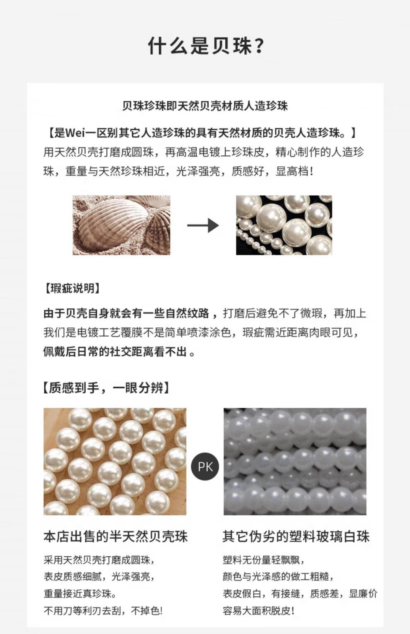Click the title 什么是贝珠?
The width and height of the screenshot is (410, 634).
click(x=206, y=46)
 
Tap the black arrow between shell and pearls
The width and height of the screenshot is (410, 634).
click(x=203, y=225)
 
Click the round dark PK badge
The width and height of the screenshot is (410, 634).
click(x=205, y=467)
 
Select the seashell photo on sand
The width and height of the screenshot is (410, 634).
click(x=122, y=225)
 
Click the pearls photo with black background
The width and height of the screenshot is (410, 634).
click(x=284, y=225)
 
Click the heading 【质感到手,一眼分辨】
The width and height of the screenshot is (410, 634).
click(x=106, y=388)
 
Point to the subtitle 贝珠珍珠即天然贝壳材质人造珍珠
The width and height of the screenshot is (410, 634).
click(x=205, y=106)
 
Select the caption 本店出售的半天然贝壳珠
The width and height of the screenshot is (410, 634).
click(x=116, y=536)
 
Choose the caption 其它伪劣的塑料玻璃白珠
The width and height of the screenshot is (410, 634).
click(x=296, y=536)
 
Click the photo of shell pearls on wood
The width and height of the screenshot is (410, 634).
click(x=115, y=462)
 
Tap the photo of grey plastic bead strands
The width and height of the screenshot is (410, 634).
click(x=295, y=462)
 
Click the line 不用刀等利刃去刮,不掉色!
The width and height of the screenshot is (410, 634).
click(x=103, y=610)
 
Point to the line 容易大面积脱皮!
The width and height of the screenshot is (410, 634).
click(x=258, y=610)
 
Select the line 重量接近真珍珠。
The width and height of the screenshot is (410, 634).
click(x=80, y=593)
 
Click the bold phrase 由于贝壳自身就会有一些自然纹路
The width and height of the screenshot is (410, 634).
click(x=126, y=313)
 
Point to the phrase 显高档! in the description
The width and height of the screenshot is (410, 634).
click(x=294, y=171)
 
